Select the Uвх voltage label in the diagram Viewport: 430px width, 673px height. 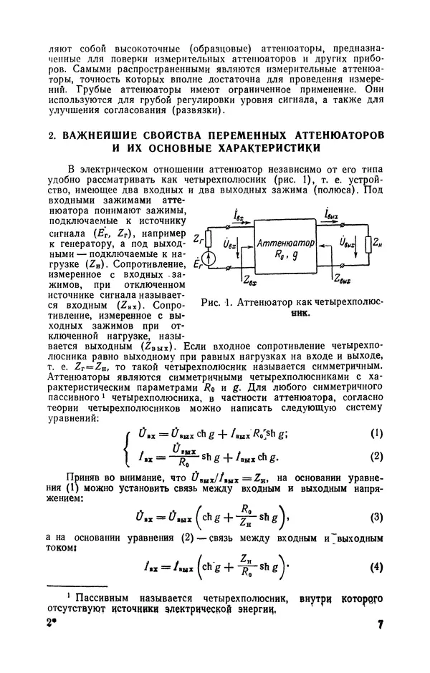pyautogui.click(x=229, y=245)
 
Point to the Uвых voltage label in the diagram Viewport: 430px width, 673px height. pyautogui.click(x=350, y=245)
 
